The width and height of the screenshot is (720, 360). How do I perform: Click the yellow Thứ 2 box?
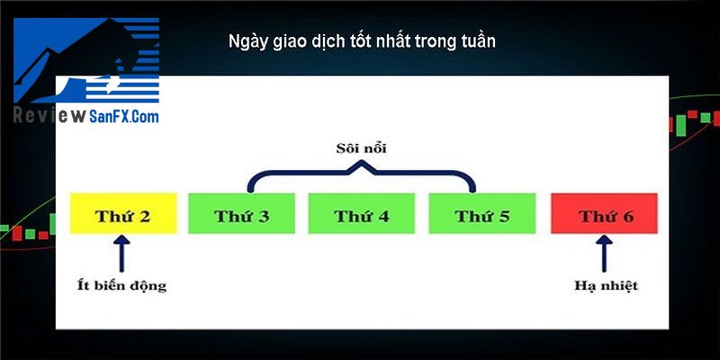123,213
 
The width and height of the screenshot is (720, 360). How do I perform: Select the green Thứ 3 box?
241,213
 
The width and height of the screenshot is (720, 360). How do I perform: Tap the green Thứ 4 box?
362,213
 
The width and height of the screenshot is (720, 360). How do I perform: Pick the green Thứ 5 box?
482,213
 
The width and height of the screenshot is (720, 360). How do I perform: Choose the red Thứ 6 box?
604,213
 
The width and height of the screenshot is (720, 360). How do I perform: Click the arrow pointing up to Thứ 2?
121,253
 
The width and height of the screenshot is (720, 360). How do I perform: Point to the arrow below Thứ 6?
605,253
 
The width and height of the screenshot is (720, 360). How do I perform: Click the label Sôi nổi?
362,148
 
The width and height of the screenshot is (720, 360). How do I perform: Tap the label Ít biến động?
121,286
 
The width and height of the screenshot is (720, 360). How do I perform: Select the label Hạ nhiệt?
606,285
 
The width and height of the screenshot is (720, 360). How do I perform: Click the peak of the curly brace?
362,162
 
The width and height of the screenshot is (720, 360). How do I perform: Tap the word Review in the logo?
49,116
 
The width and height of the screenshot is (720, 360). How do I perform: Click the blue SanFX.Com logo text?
124,116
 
